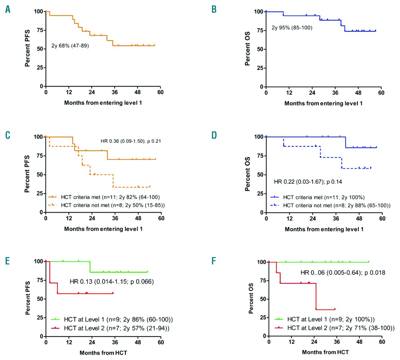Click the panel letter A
[8, 9]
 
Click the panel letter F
[214, 261]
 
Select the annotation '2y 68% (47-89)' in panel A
[70, 46]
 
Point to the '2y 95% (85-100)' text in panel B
[292, 28]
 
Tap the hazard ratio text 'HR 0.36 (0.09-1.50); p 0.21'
[131, 141]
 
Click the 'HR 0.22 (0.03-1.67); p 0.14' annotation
[308, 182]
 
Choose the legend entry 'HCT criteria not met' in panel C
[107, 205]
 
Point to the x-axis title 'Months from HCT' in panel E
[103, 353]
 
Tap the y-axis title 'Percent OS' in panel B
[247, 48]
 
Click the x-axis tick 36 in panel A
[115, 92]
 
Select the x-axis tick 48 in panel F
[359, 342]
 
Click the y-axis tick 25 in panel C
[40, 194]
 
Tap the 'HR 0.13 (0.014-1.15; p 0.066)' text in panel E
[112, 281]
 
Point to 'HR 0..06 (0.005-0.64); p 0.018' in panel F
[343, 273]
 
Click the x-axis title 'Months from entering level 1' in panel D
[324, 229]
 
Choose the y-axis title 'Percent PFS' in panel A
[27, 48]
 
